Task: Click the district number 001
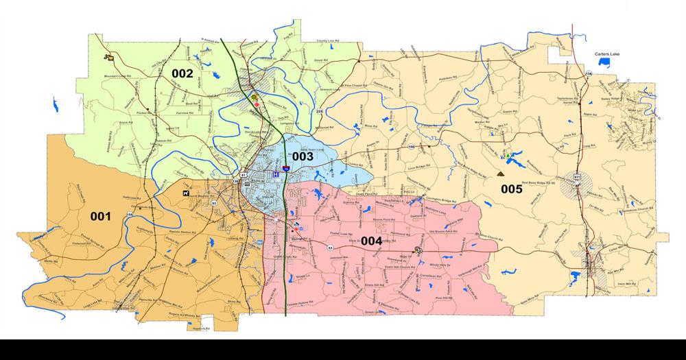[x=100, y=217]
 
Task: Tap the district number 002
[x=182, y=73]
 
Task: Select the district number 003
[x=303, y=156]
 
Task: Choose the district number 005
[x=511, y=189]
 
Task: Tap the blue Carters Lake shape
[x=604, y=62]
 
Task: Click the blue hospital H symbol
[x=275, y=175]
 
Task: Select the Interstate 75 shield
[x=285, y=167]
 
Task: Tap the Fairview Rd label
[x=186, y=111]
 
